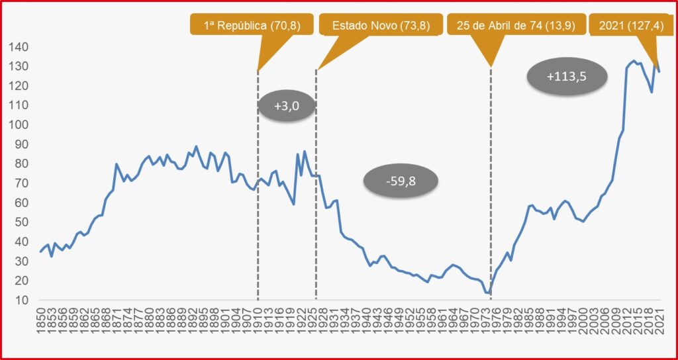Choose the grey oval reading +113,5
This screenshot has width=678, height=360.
tap(567, 76)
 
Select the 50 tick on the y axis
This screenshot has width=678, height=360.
tap(21, 222)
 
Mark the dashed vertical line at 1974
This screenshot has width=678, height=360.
tap(491, 199)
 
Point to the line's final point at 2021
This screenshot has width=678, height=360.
tap(659, 71)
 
